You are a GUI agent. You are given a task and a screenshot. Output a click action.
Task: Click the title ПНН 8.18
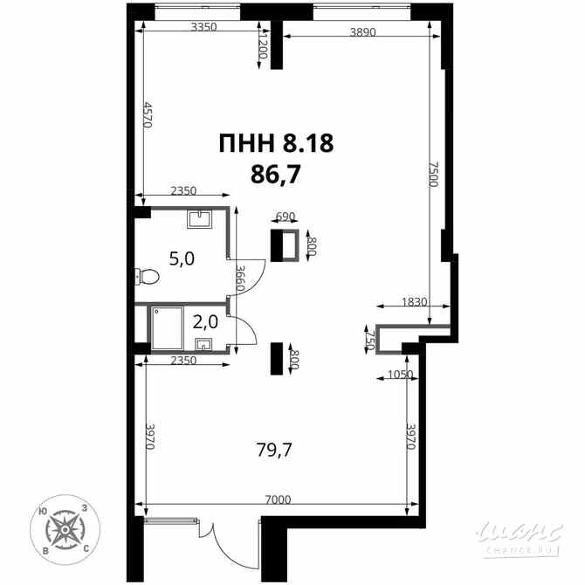(x=276, y=143)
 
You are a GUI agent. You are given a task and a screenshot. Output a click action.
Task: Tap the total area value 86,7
(x=276, y=174)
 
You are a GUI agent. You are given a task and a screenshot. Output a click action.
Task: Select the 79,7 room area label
(x=274, y=450)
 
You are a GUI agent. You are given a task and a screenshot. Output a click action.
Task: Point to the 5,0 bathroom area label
(x=181, y=258)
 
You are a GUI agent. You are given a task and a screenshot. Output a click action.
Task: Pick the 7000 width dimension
(x=278, y=500)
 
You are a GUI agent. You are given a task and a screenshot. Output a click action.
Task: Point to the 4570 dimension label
(x=148, y=114)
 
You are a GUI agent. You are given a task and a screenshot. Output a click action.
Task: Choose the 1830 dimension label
(x=414, y=302)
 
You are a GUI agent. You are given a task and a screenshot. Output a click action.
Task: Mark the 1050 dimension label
(x=398, y=375)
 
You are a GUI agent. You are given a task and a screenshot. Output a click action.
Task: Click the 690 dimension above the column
(x=286, y=217)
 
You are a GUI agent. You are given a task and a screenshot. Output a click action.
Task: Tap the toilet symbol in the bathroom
(x=148, y=277)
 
